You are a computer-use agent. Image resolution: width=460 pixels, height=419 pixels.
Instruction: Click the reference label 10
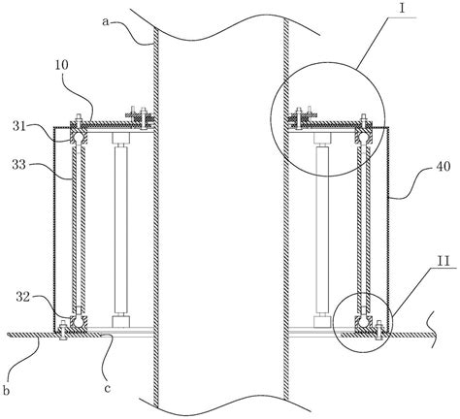62,65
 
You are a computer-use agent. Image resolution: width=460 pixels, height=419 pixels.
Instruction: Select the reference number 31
19,126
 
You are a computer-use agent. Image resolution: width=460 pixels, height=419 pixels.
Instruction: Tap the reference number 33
19,165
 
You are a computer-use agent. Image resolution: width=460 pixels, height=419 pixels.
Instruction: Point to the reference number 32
23,298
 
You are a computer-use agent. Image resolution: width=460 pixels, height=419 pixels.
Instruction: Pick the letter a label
105,21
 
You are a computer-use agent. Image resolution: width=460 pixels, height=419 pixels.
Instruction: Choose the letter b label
7,390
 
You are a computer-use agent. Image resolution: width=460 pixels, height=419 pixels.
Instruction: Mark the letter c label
108,388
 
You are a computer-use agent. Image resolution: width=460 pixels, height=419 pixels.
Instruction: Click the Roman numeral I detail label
402,8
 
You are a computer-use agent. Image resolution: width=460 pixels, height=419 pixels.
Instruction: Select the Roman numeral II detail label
443,261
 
